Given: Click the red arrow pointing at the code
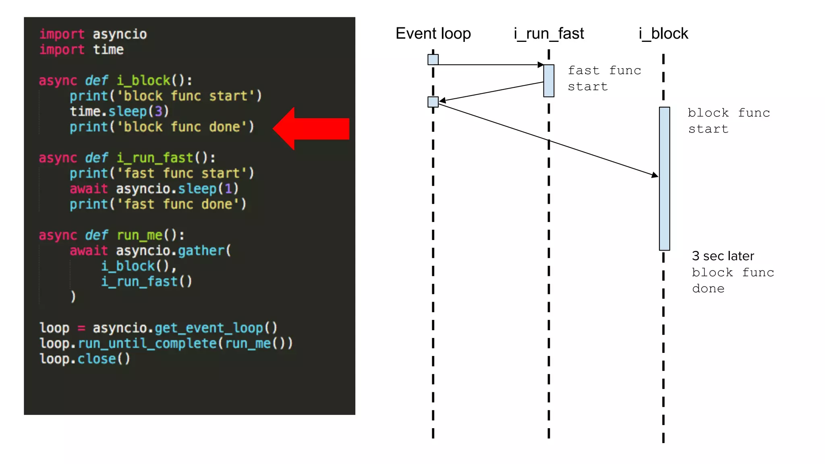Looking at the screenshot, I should tap(311, 129).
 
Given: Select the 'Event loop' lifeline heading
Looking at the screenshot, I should tap(433, 33).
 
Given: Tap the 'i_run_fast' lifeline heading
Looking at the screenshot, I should tap(549, 33).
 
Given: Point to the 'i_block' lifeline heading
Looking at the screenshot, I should tap(663, 33).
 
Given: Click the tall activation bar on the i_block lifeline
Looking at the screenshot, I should tap(664, 178).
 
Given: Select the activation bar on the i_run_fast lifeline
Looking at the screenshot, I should tap(549, 81).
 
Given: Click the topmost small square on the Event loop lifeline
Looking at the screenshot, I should tap(433, 60).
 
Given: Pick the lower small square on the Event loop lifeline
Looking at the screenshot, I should tap(433, 102).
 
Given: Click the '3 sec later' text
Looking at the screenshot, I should tap(723, 256).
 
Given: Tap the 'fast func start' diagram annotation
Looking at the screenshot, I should tap(604, 79).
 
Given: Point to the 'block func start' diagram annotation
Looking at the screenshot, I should tap(728, 121).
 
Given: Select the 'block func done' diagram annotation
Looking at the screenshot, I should tap(733, 281).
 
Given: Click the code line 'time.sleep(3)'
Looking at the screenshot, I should tap(119, 112).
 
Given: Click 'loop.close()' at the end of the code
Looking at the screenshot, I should tap(85, 359).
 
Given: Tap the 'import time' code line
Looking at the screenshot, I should tap(81, 50).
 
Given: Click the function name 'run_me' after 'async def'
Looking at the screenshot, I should tap(140, 235).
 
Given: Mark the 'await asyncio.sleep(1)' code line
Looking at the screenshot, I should tap(154, 189).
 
